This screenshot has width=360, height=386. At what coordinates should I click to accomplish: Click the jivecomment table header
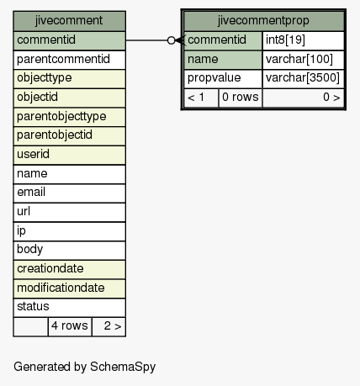tap(69, 21)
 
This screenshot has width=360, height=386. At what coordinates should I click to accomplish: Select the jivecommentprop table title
tap(263, 21)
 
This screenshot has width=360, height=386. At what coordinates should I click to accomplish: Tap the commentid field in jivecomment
tap(69, 40)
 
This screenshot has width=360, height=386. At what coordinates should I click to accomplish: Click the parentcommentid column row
tap(69, 60)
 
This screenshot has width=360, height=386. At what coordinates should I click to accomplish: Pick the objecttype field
tap(69, 79)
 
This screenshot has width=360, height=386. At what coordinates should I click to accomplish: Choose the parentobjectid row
tap(69, 136)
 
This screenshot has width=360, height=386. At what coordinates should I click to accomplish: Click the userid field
tap(69, 155)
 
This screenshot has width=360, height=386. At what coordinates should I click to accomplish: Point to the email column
tap(69, 193)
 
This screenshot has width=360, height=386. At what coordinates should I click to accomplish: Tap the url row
tap(69, 212)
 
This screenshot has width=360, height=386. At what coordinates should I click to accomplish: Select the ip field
tap(69, 231)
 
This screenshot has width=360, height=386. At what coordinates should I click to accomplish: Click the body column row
tap(69, 251)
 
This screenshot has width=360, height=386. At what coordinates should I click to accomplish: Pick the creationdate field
tap(69, 269)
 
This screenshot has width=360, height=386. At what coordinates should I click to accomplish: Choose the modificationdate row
tap(69, 288)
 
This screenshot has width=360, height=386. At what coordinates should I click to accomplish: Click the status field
tap(69, 308)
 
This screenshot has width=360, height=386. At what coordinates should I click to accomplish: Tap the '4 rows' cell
tap(70, 326)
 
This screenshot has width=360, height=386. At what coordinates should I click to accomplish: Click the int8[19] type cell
tap(304, 40)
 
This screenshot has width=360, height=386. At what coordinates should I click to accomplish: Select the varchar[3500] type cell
tap(304, 79)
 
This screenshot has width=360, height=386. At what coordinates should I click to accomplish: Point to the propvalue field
tap(223, 79)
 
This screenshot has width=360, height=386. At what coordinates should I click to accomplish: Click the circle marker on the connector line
tap(171, 40)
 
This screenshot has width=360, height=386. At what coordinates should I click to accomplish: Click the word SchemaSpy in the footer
tap(123, 367)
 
